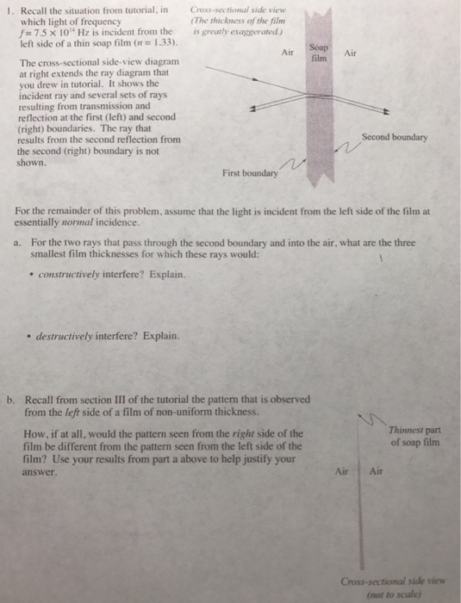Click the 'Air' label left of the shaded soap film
click(x=288, y=53)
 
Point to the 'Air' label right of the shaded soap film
click(x=350, y=52)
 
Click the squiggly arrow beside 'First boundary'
click(x=296, y=164)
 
